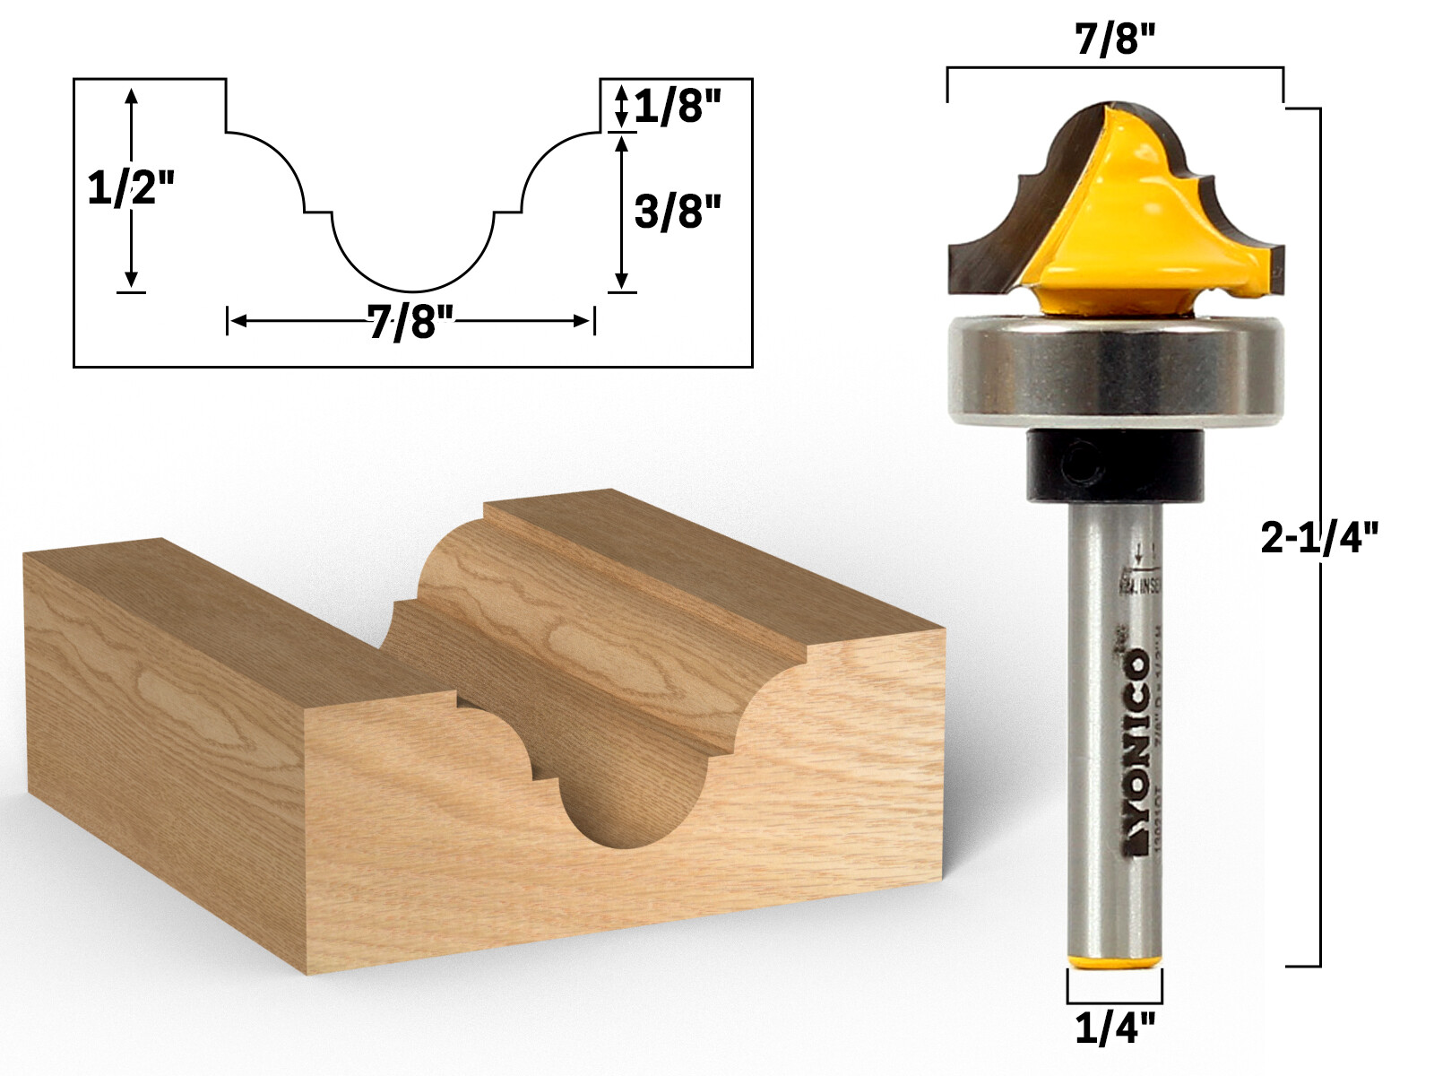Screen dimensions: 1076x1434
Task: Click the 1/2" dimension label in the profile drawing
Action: (129, 189)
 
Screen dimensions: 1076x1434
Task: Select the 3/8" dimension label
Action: (677, 213)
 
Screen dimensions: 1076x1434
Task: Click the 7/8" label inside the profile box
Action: (410, 322)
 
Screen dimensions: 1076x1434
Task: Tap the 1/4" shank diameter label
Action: (1115, 1028)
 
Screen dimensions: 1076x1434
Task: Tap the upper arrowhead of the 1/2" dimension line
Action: (132, 96)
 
